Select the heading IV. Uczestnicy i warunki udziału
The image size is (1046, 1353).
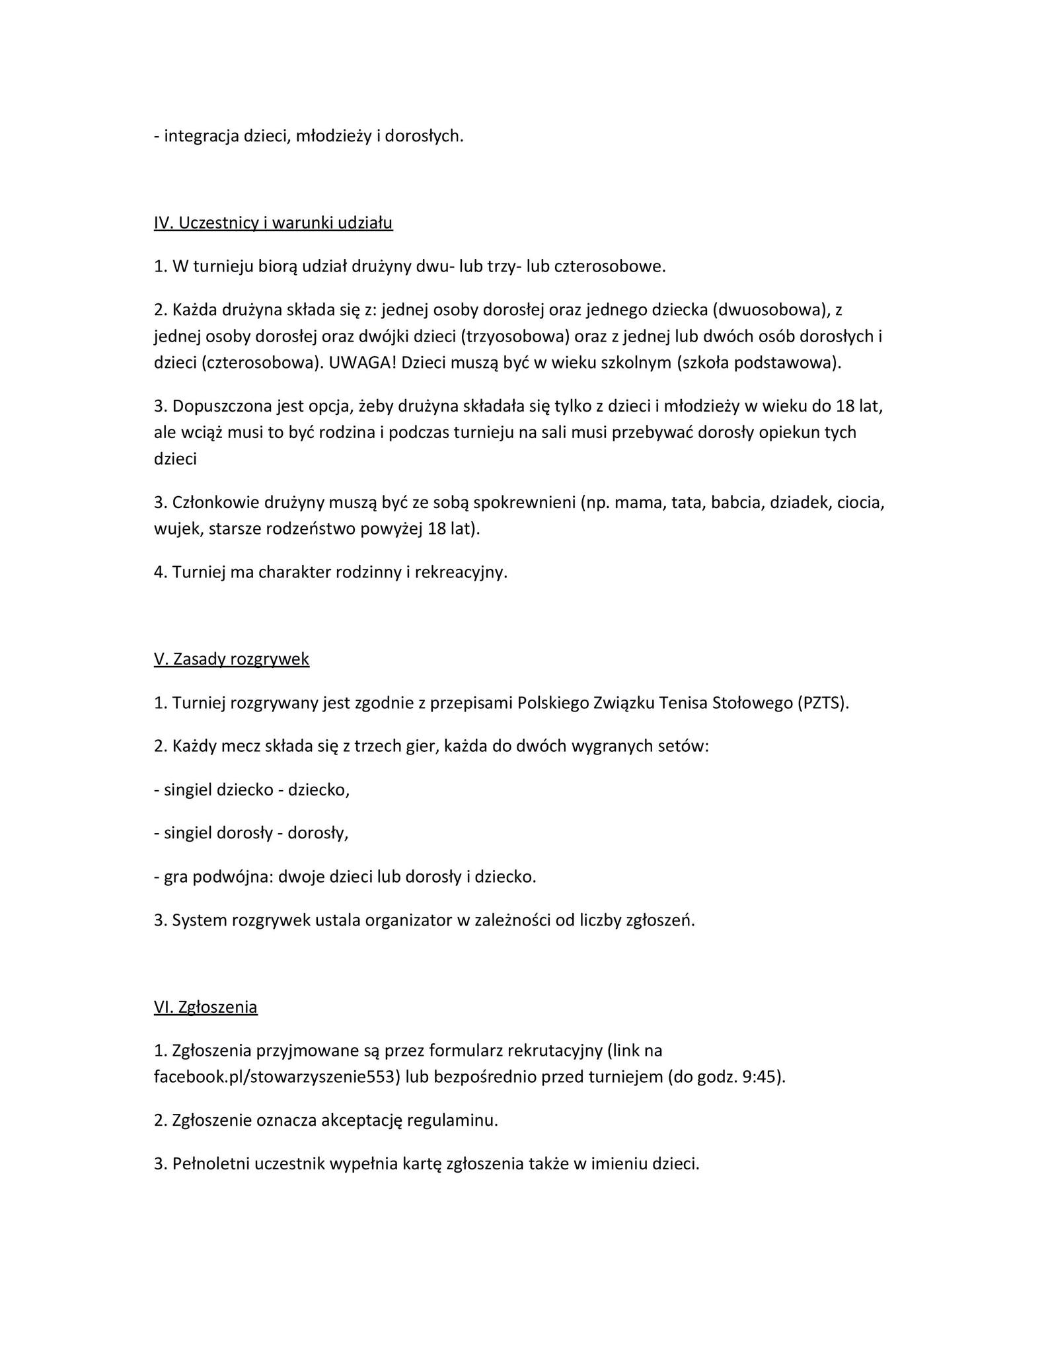click(273, 223)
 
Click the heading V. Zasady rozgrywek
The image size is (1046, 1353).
click(231, 659)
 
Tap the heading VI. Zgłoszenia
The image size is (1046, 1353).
click(205, 1007)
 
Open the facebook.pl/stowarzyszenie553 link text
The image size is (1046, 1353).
click(278, 1077)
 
